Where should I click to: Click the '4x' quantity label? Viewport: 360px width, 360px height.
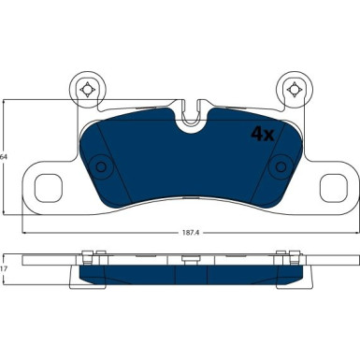coord(261,133)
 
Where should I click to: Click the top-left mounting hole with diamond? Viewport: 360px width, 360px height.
coord(87,89)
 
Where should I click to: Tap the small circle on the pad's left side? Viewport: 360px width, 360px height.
coord(102,167)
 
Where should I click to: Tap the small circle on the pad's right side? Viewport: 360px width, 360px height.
coord(278,167)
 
